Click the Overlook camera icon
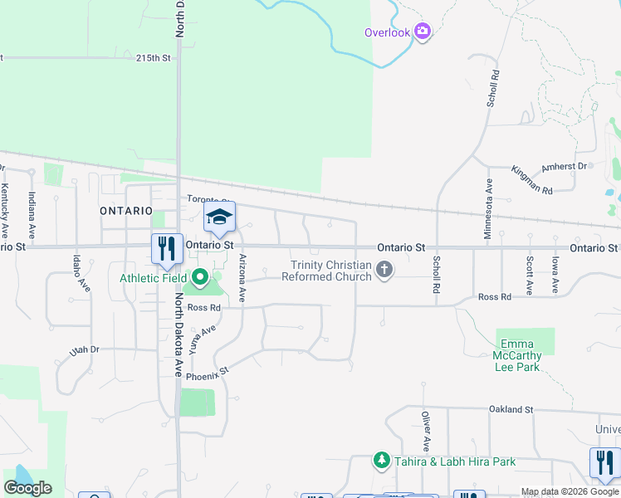click(x=423, y=32)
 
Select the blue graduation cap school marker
click(x=220, y=217)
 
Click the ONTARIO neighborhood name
click(x=126, y=211)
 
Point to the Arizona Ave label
click(x=242, y=277)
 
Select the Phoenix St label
click(x=207, y=375)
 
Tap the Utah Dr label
click(x=84, y=351)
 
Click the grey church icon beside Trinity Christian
click(x=384, y=269)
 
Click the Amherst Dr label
click(x=564, y=167)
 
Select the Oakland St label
click(x=511, y=409)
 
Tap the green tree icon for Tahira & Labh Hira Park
click(x=381, y=461)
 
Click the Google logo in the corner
click(x=28, y=488)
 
